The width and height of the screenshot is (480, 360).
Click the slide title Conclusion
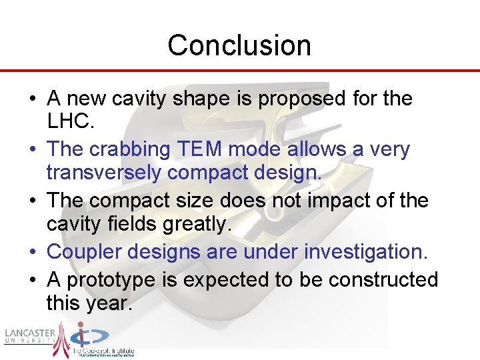pyautogui.click(x=239, y=45)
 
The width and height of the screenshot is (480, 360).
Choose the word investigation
pyautogui.click(x=366, y=251)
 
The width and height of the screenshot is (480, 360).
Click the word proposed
pyautogui.click(x=302, y=99)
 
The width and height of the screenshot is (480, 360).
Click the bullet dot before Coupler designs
pyautogui.click(x=33, y=252)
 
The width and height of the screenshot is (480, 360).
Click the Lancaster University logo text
pyautogui.click(x=29, y=336)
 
